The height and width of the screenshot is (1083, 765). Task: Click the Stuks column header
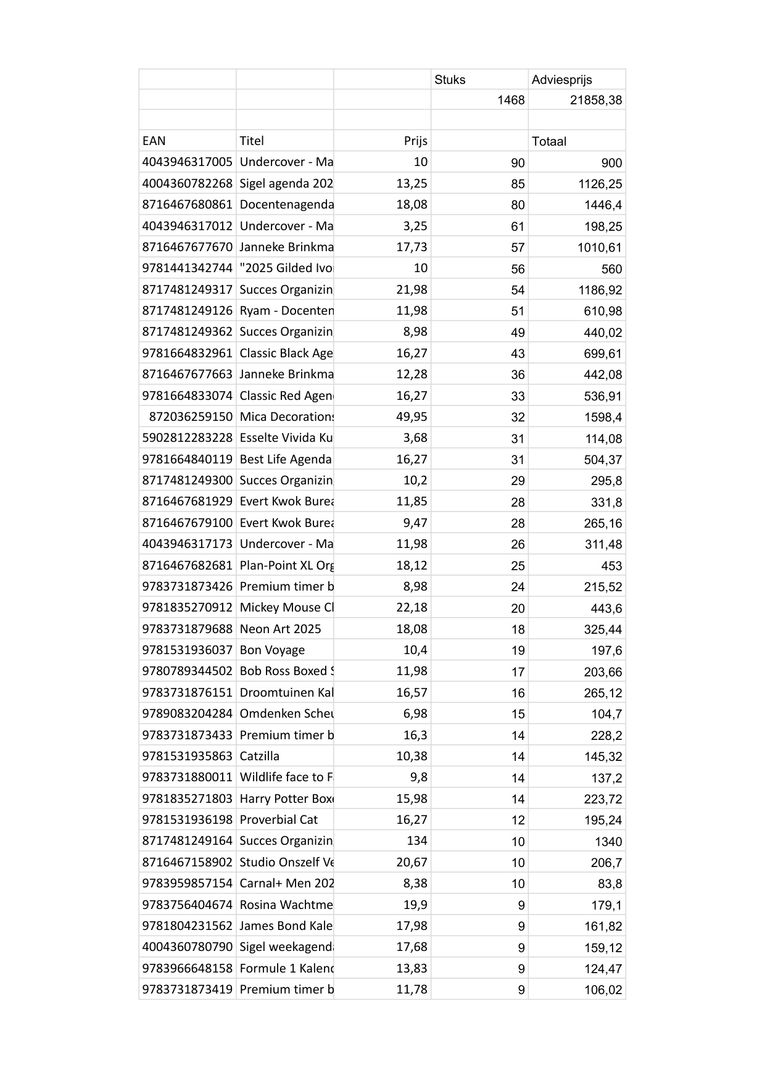(x=450, y=80)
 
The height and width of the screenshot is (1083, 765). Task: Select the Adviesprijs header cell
(x=561, y=80)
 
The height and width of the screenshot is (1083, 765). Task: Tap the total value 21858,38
(x=595, y=100)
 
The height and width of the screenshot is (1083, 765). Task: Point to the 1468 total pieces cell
(x=511, y=100)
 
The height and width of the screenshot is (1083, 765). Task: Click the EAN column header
(x=154, y=141)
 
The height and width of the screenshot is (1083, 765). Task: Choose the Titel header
(x=252, y=141)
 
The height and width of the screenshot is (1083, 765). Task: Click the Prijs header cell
(x=415, y=141)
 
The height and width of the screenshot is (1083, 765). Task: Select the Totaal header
(x=549, y=141)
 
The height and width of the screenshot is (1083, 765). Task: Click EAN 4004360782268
(x=187, y=183)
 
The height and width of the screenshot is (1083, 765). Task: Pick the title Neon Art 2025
(x=280, y=629)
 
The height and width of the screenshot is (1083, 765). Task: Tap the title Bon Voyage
(x=272, y=650)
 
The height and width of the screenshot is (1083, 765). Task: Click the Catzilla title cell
(x=259, y=756)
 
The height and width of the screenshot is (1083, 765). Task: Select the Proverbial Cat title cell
(x=278, y=820)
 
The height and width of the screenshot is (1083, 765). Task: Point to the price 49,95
(x=411, y=417)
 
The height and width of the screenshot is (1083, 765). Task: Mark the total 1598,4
(x=603, y=417)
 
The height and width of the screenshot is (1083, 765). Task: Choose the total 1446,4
(x=603, y=205)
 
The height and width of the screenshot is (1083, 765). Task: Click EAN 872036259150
(x=191, y=417)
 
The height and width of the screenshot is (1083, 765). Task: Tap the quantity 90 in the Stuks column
(x=518, y=162)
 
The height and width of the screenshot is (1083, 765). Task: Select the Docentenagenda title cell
(x=286, y=204)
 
